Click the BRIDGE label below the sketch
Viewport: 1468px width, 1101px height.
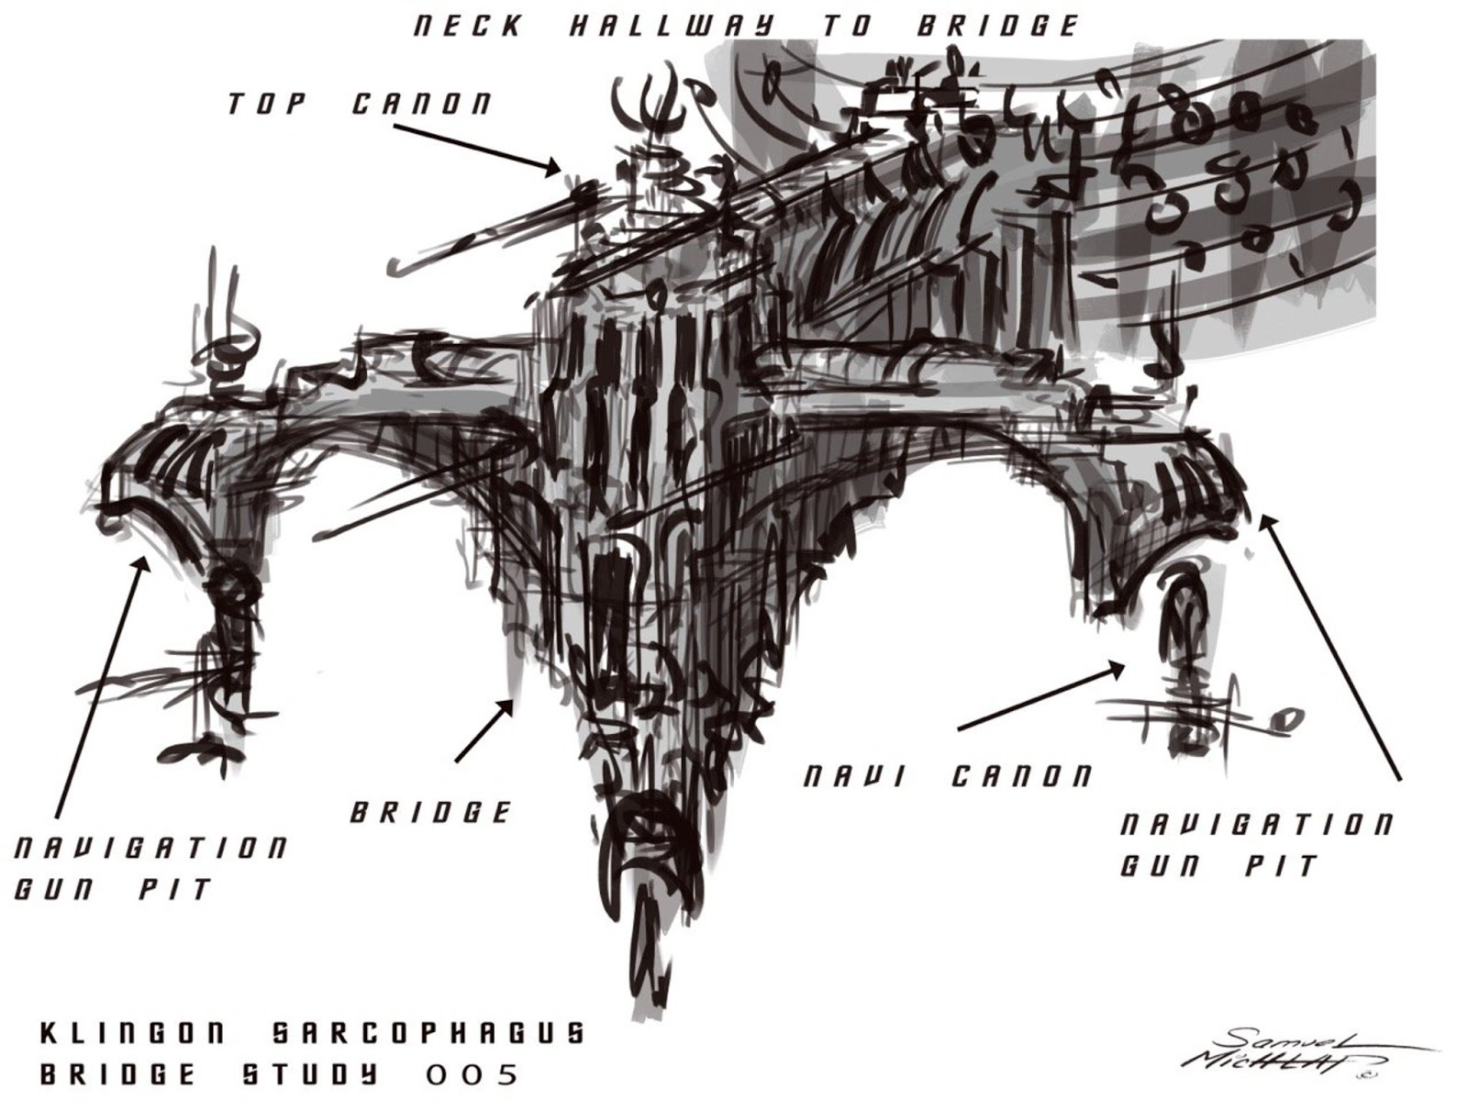tap(430, 812)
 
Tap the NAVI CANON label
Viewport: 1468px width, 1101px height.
tap(948, 777)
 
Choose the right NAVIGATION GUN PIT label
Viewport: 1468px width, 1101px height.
tap(1255, 844)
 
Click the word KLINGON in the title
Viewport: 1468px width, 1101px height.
tap(132, 1034)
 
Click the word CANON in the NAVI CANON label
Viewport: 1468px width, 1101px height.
tap(1021, 777)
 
